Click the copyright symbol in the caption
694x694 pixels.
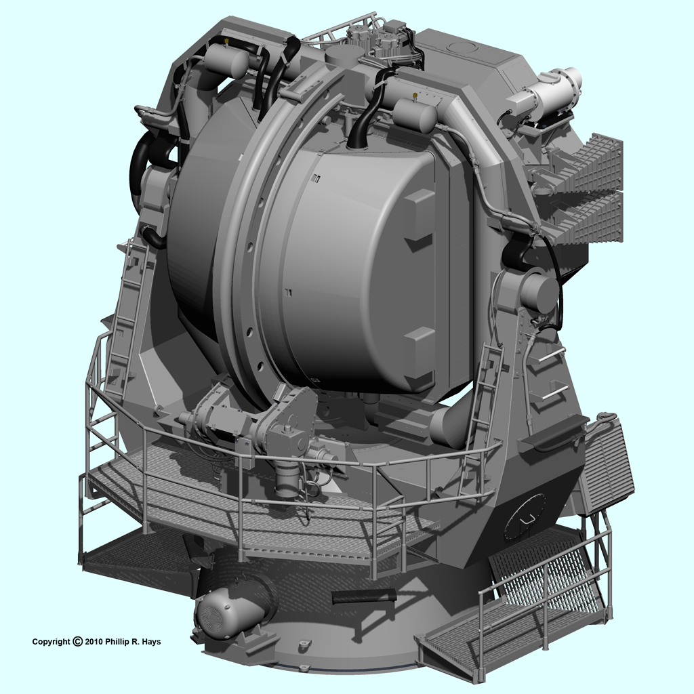[x=77, y=641]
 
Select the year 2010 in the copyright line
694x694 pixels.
[x=94, y=642]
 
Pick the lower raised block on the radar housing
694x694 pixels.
[x=418, y=352]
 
